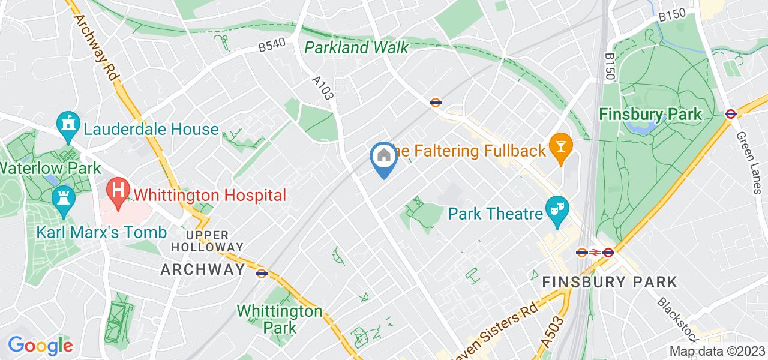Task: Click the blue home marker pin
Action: tap(383, 158)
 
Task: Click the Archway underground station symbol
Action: tap(261, 273)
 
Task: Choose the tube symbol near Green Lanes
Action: tap(730, 114)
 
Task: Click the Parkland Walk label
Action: tap(356, 47)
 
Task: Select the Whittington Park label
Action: tap(279, 319)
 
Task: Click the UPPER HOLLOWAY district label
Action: tap(208, 241)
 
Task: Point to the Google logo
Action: tap(40, 346)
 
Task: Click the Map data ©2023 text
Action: tap(718, 352)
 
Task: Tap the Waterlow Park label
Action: tap(50, 168)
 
